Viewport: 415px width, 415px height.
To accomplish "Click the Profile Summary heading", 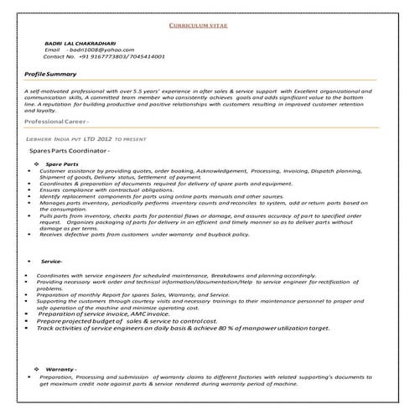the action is click(51, 75).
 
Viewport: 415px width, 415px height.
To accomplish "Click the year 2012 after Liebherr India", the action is click(103, 136).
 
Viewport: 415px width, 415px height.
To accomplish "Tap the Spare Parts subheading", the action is click(63, 163).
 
